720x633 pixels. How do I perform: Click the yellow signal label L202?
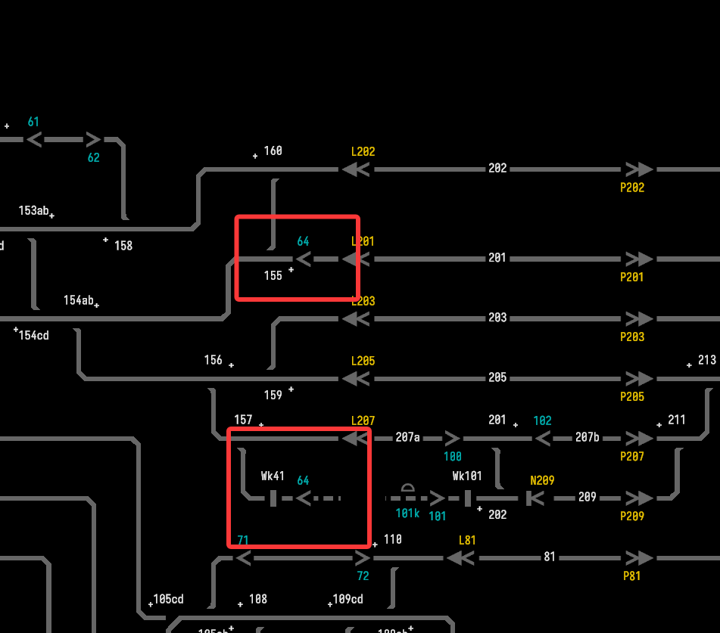(363, 151)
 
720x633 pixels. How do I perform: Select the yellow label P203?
(632, 337)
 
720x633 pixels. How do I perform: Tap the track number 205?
(497, 377)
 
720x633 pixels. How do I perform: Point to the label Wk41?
(273, 476)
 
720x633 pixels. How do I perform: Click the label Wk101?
(467, 476)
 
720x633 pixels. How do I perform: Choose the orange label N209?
(542, 479)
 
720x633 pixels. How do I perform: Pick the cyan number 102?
(542, 420)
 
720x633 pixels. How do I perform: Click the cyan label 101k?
(407, 513)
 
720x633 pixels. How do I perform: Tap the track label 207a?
(407, 436)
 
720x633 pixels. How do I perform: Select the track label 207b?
(587, 436)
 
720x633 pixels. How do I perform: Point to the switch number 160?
(273, 150)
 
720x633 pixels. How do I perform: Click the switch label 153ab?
(34, 210)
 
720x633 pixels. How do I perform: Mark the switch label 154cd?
(34, 335)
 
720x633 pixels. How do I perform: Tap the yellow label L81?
(467, 541)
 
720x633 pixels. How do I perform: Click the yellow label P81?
(632, 576)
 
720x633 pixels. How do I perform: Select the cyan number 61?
(33, 122)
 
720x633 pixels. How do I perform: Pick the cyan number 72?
(363, 576)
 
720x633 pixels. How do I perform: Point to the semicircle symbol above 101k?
(407, 488)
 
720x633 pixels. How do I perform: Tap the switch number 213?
(706, 360)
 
